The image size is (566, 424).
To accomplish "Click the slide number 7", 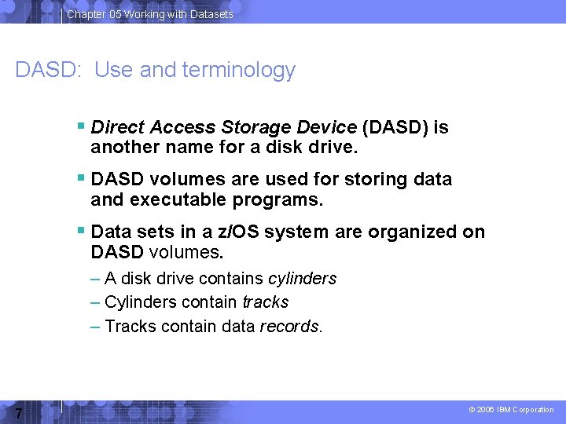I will tap(19, 413).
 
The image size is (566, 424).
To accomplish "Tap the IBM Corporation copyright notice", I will tap(511, 410).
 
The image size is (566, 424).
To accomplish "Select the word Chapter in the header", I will tap(86, 14).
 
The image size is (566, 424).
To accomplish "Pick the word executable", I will tap(178, 200).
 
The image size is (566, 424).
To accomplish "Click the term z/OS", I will tap(241, 232).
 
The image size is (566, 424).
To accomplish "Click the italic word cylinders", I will tap(302, 279).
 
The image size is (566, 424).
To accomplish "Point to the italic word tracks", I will tap(265, 302).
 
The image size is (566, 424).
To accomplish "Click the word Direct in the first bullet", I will tap(117, 127).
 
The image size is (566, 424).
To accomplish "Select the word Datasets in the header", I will tap(211, 14).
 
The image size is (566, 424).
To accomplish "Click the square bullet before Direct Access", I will tap(82, 126).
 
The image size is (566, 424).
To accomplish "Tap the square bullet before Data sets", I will tap(82, 231).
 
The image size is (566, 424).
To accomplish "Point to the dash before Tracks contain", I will tap(95, 326).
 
